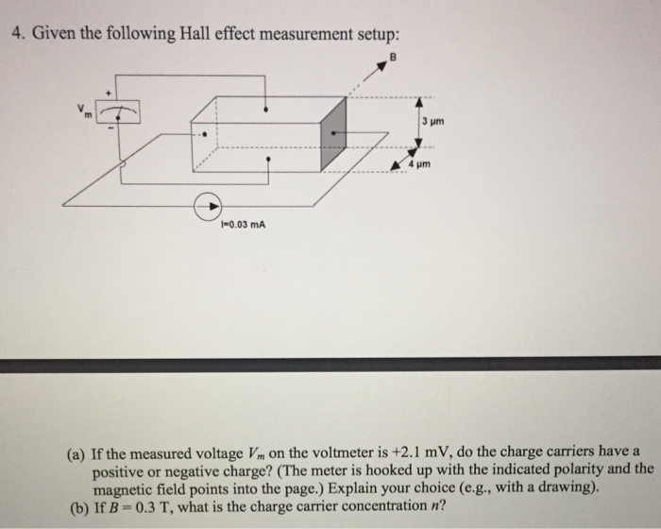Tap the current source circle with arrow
[x=209, y=206]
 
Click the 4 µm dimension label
[x=422, y=162]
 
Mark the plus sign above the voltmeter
[x=111, y=94]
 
